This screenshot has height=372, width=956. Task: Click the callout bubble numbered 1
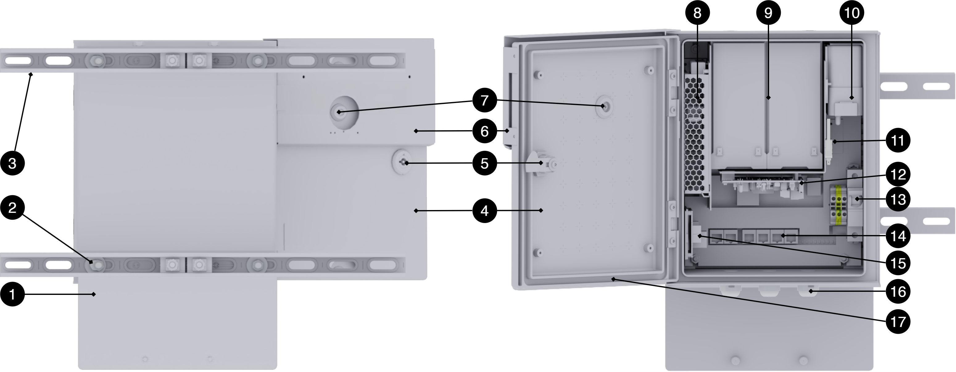[x=12, y=294]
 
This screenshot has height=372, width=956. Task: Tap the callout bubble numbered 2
[x=12, y=208]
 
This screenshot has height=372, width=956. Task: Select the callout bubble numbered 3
[x=12, y=163]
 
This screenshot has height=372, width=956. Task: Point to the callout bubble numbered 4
[x=485, y=211]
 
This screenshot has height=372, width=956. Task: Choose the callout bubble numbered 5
[x=485, y=163]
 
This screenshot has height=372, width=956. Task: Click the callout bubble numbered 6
[x=485, y=131]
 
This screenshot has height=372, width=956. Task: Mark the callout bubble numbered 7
[x=485, y=100]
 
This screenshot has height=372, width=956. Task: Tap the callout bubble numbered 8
[x=697, y=13]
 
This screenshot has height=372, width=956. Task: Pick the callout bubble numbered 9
[x=768, y=13]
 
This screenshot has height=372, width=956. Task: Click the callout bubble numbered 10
[x=852, y=13]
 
